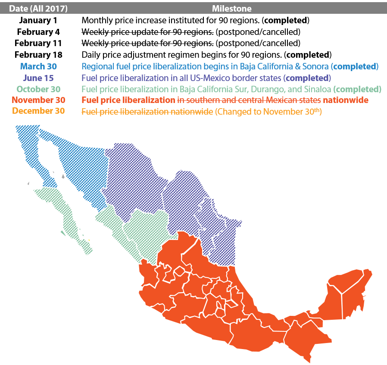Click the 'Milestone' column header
(x=231, y=8)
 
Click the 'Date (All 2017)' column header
(x=38, y=8)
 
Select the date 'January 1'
(x=38, y=20)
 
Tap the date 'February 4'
(x=38, y=31)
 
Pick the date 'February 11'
(x=38, y=43)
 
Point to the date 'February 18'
(x=38, y=55)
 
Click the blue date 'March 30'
(x=38, y=66)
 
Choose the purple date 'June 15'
(x=38, y=78)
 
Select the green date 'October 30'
(x=38, y=89)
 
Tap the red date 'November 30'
(x=38, y=100)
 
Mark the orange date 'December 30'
(x=38, y=111)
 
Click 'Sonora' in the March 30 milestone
(x=316, y=66)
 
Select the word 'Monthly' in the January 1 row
(x=95, y=20)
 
